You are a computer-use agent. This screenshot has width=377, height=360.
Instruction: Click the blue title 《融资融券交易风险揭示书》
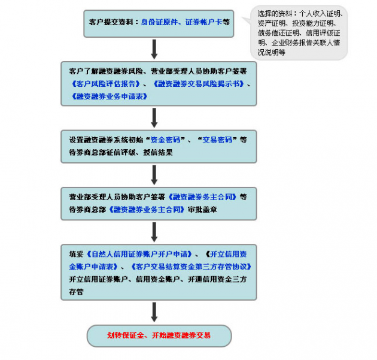[197, 84]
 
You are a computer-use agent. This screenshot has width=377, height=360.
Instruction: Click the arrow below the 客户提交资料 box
[154, 49]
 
